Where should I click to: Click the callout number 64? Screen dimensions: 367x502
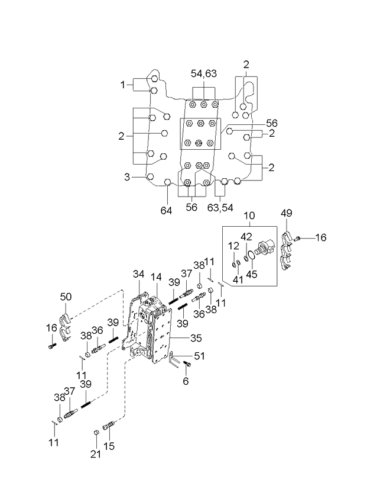(x=166, y=211)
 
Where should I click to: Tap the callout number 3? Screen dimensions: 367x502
(x=127, y=177)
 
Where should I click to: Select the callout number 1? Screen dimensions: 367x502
(x=123, y=85)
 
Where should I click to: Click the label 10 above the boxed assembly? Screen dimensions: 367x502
(x=249, y=215)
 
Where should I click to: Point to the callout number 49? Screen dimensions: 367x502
(x=287, y=213)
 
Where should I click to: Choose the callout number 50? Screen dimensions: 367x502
(x=66, y=297)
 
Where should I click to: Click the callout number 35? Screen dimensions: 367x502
(x=196, y=338)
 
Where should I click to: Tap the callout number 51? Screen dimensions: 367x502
(x=199, y=356)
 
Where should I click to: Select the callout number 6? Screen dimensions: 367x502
(x=186, y=381)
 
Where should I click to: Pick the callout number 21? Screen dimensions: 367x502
(x=95, y=454)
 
